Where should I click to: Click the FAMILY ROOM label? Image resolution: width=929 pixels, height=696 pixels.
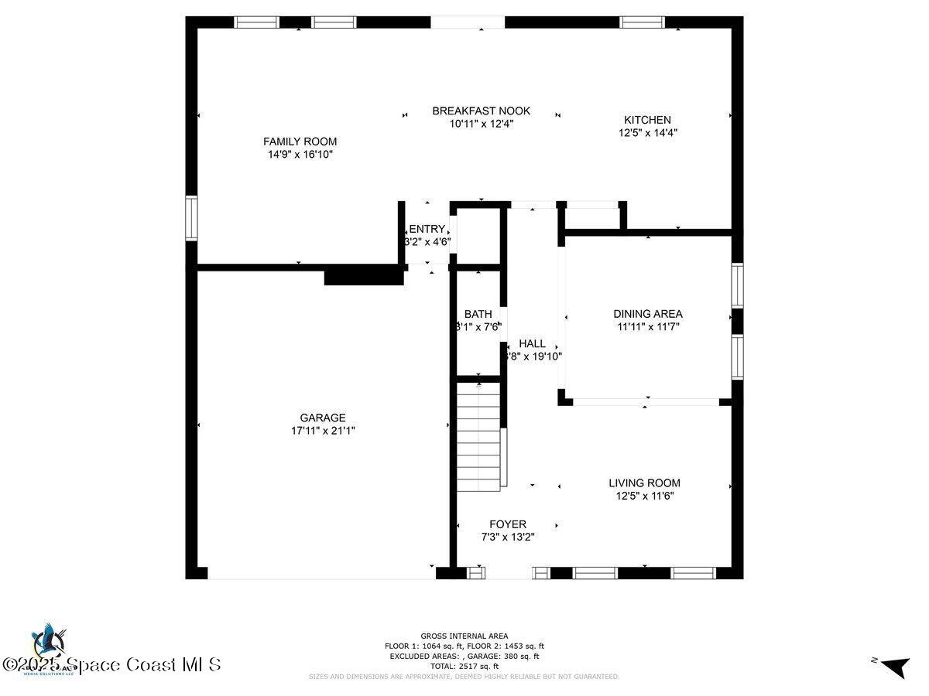(300, 142)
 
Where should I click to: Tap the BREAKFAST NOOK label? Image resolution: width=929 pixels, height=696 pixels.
(481, 111)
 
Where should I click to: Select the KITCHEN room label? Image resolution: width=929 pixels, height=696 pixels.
(647, 120)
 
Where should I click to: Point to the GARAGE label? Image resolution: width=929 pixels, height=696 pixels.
(323, 418)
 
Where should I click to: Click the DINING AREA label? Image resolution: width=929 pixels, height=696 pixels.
(647, 314)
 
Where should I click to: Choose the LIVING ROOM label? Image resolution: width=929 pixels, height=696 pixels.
(644, 483)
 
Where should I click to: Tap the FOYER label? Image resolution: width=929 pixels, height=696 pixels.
(507, 524)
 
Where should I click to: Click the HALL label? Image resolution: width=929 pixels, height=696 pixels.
(532, 343)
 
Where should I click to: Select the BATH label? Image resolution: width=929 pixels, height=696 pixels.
(478, 314)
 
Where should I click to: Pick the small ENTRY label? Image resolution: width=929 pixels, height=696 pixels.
(427, 229)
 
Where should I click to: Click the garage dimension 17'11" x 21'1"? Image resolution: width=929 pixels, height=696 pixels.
(323, 431)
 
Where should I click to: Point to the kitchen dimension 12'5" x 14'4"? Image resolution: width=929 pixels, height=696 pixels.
(647, 133)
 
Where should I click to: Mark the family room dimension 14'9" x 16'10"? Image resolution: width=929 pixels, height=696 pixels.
(300, 155)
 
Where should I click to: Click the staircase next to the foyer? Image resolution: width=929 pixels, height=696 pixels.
(478, 437)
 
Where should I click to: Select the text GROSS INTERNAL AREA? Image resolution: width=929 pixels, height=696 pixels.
(464, 636)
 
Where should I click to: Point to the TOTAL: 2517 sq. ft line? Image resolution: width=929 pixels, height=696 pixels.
(464, 666)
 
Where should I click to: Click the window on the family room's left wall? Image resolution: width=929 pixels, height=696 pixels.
(190, 218)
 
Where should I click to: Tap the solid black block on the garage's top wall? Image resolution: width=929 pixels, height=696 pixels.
(363, 276)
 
